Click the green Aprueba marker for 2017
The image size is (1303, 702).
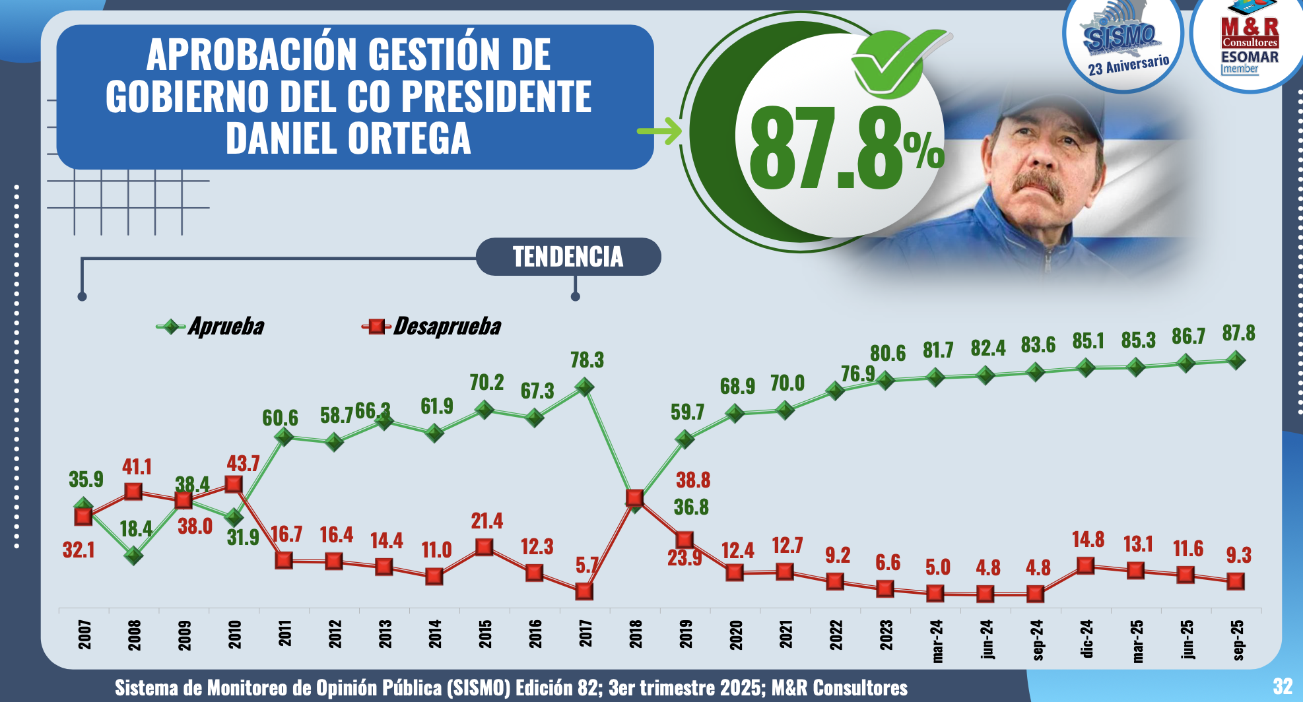[x=584, y=387]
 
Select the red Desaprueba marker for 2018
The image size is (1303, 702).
[x=634, y=497]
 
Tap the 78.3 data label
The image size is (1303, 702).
[x=587, y=360]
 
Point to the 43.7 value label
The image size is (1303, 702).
[x=243, y=463]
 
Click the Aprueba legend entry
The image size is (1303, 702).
[x=211, y=326]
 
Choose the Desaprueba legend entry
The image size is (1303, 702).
[x=432, y=326]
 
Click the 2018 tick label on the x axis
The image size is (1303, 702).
[x=635, y=634]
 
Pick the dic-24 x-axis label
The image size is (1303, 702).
[x=1086, y=638]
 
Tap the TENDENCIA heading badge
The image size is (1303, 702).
[x=568, y=257]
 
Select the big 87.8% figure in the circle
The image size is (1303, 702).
[x=845, y=149]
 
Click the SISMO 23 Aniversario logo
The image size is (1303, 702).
[x=1123, y=43]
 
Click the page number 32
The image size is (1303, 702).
[x=1282, y=686]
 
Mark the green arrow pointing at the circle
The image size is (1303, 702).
[x=659, y=131]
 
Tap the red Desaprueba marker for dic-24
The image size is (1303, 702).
[x=1085, y=565]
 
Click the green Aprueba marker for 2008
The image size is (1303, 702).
[x=133, y=556]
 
